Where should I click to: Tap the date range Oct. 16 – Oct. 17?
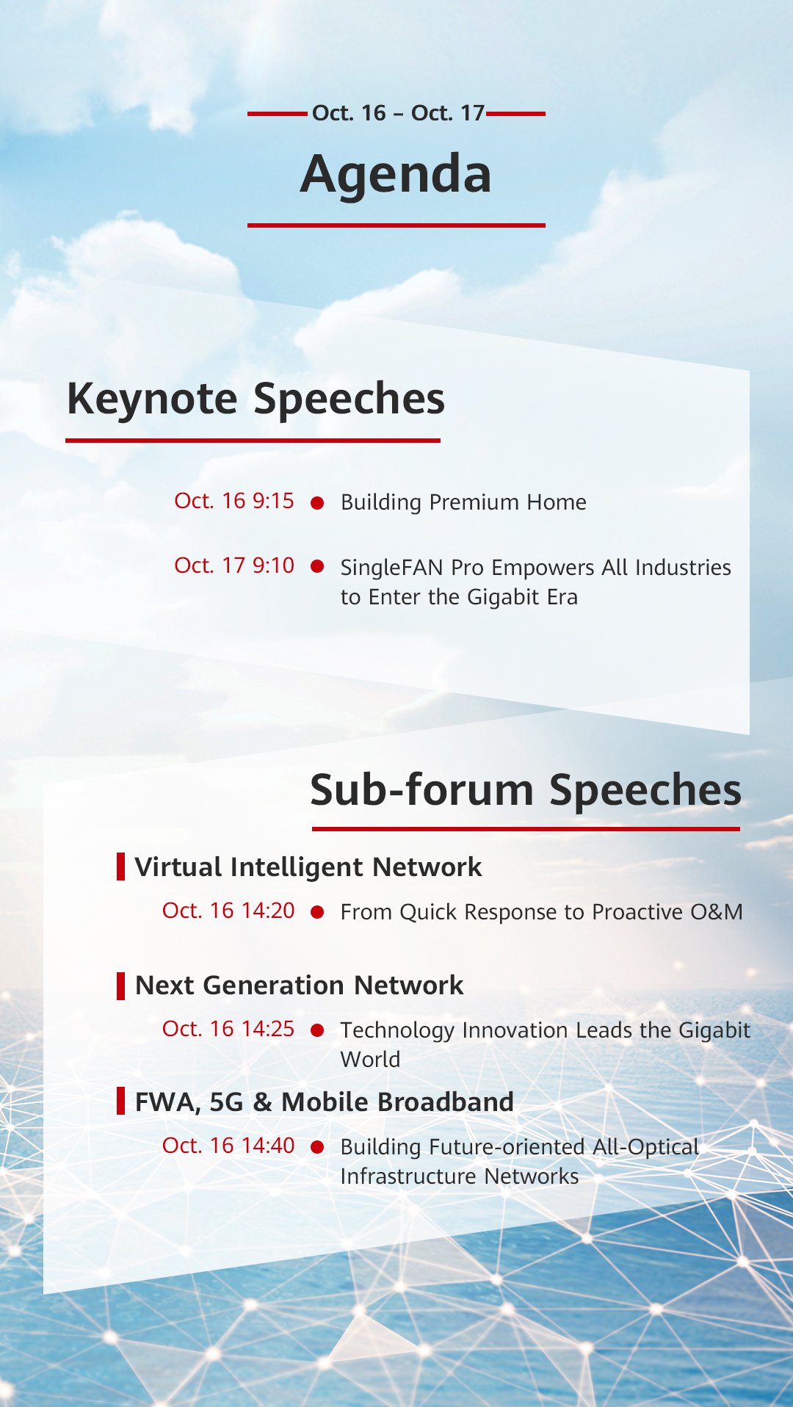tap(398, 113)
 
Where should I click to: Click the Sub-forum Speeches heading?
tap(526, 790)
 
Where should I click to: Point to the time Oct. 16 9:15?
tap(234, 501)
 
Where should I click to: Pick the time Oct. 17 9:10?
tap(234, 565)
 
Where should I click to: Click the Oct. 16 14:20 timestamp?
tap(228, 911)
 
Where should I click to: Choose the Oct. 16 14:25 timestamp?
tap(228, 1029)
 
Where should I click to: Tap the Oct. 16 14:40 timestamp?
tap(228, 1146)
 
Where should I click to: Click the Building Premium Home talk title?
tap(463, 502)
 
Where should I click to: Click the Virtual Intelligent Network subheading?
tap(308, 868)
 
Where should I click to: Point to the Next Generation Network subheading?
tap(300, 985)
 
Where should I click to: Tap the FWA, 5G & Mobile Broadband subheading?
tap(325, 1102)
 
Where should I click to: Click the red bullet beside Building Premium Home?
tap(318, 503)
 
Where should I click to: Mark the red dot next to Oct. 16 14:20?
tap(318, 912)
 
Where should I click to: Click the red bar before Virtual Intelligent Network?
tap(120, 867)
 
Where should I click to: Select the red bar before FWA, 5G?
tap(120, 1101)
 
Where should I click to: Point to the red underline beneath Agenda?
tap(396, 225)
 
